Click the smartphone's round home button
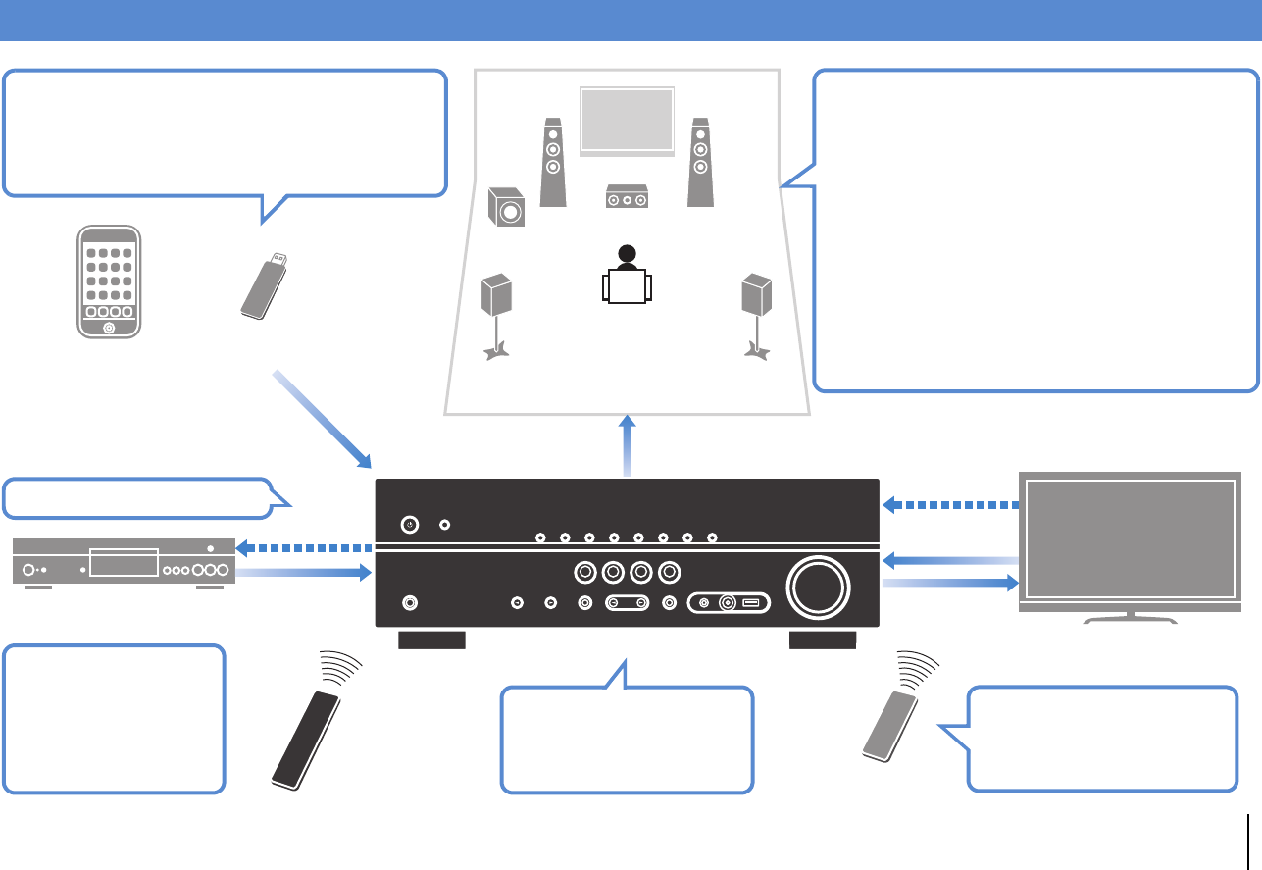tap(110, 328)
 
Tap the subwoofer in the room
tap(506, 206)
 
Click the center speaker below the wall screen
tap(627, 197)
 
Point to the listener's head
tap(628, 254)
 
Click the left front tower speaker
tap(553, 162)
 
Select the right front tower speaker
tap(699, 162)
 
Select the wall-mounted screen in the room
tap(628, 120)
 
